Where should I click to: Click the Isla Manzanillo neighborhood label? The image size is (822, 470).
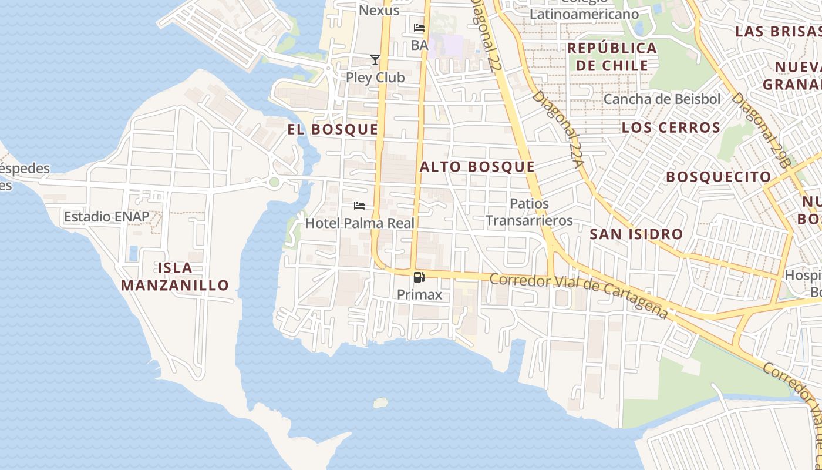(x=174, y=277)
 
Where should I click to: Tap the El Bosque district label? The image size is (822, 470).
(x=332, y=129)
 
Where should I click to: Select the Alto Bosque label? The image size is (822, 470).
(x=477, y=167)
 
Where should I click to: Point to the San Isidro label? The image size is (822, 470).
(x=636, y=234)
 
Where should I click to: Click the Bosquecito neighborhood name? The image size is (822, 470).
(x=718, y=177)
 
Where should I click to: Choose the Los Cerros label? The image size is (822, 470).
(x=671, y=127)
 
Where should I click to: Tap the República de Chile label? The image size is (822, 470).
(x=612, y=56)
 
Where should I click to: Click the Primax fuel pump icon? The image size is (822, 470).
(x=419, y=277)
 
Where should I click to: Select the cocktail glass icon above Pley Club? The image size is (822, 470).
(x=375, y=60)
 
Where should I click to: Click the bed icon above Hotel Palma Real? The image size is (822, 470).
(x=359, y=206)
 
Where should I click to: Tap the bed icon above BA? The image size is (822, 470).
(x=419, y=28)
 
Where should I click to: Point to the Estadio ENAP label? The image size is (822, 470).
(x=106, y=217)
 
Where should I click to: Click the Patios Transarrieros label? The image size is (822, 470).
(x=529, y=212)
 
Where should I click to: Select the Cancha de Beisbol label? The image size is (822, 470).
(x=662, y=99)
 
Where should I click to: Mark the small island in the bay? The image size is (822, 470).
(x=380, y=402)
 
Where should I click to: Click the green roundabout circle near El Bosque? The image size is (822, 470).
(x=274, y=182)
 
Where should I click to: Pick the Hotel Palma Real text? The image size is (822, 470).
(x=359, y=223)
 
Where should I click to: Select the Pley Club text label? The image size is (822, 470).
(x=375, y=78)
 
